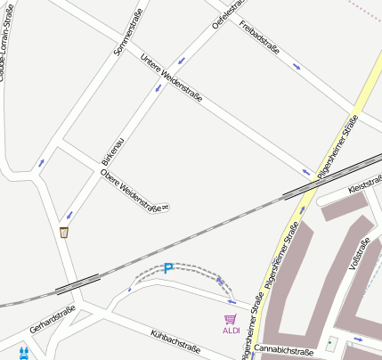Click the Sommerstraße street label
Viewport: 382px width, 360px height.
(x=128, y=32)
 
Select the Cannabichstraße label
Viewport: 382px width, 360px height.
(x=284, y=351)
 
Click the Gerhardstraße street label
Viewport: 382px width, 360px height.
(x=52, y=322)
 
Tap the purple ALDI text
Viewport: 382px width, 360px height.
(x=231, y=331)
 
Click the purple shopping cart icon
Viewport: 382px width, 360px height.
(x=231, y=319)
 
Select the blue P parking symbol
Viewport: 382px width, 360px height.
(x=167, y=268)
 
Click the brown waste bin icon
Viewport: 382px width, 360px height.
(x=64, y=233)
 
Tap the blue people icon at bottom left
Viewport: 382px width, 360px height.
(x=24, y=351)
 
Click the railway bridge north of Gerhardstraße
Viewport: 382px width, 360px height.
(x=77, y=282)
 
